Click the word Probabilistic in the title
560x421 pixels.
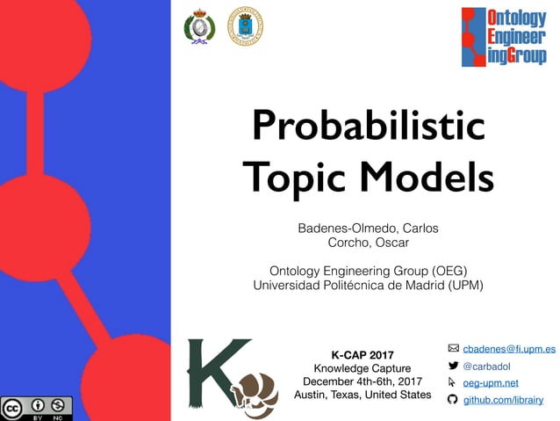point(368,127)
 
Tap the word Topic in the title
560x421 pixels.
point(294,178)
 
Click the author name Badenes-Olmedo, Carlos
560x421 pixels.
point(368,229)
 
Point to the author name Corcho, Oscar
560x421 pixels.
point(368,243)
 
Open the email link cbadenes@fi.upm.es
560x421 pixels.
point(509,349)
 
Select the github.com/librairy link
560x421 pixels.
point(503,400)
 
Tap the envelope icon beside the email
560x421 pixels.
point(453,349)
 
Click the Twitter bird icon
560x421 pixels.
point(453,366)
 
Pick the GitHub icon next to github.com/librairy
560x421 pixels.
point(453,400)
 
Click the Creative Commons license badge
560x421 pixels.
point(37,409)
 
